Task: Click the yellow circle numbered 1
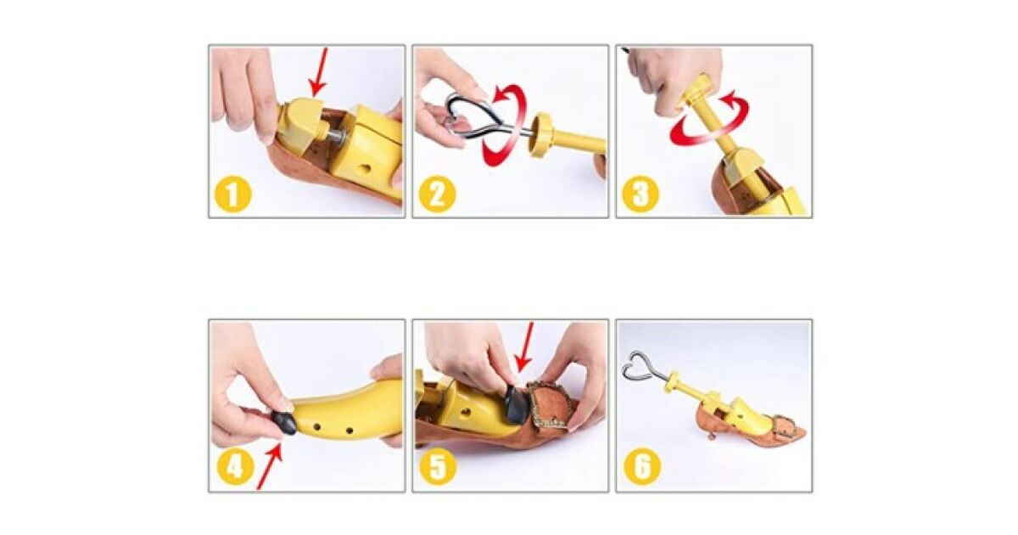tap(232, 194)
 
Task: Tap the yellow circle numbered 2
tap(437, 194)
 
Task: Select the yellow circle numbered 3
tap(640, 194)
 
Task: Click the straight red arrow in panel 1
tap(319, 72)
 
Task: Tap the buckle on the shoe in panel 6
tap(786, 425)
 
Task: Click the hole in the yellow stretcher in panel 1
tap(366, 168)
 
